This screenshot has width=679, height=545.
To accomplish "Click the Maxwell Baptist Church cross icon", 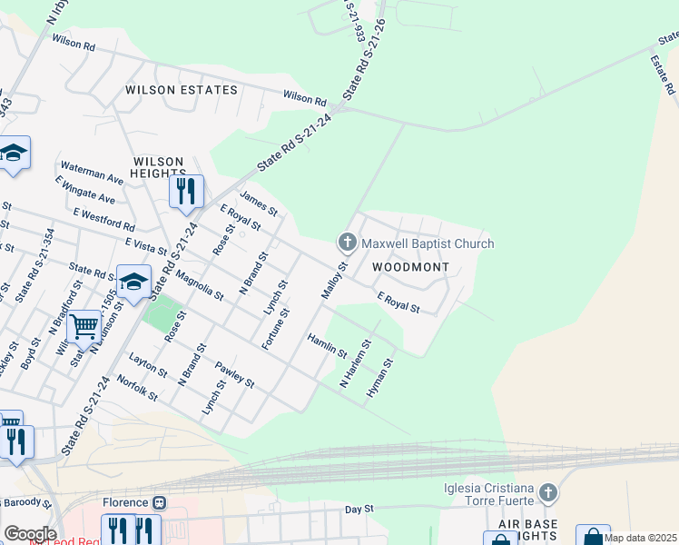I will pyautogui.click(x=346, y=243).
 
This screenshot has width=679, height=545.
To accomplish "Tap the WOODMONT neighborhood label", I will pyautogui.click(x=411, y=268).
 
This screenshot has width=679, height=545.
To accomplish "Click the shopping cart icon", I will pyautogui.click(x=84, y=325).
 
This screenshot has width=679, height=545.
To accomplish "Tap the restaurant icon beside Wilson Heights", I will pyautogui.click(x=186, y=191).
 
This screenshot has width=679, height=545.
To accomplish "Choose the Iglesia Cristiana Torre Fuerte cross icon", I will pyautogui.click(x=546, y=493).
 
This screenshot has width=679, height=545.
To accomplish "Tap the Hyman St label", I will pyautogui.click(x=379, y=379).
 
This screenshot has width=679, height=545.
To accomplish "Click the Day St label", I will pyautogui.click(x=359, y=510).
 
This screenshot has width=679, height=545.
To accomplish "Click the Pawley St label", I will pyautogui.click(x=234, y=374).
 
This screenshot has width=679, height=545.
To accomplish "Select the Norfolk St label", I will pyautogui.click(x=138, y=391).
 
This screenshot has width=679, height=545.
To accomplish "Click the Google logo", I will pyautogui.click(x=30, y=534).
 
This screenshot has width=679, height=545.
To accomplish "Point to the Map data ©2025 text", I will pyautogui.click(x=641, y=538).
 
